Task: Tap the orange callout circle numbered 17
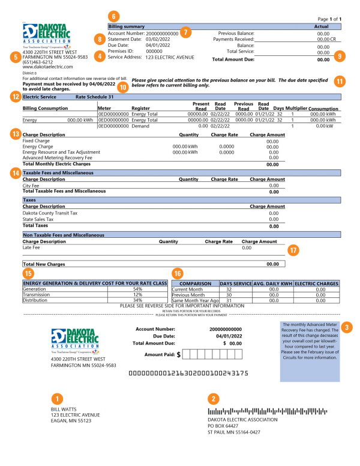click(293, 249)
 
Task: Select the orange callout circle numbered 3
click(347, 327)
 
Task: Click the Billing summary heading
click(127, 27)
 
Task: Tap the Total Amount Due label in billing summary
click(233, 59)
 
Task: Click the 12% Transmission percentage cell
click(137, 295)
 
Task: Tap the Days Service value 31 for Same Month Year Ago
click(229, 300)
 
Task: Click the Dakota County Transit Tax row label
click(50, 213)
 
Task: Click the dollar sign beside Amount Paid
click(179, 354)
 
